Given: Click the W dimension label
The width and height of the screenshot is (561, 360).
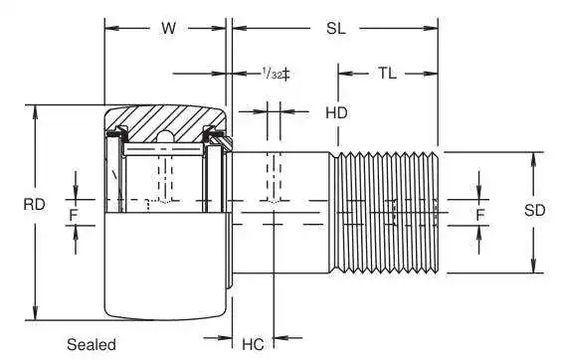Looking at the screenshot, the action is tap(168, 28).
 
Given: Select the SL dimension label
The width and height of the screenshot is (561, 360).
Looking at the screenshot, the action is tap(336, 28).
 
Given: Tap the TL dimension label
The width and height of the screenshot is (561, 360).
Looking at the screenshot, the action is tap(388, 74).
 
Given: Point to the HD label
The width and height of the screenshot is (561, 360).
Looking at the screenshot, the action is tap(336, 113).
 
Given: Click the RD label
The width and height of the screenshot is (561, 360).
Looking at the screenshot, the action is tap(35, 205).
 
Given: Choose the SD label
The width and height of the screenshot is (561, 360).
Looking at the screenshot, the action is tap(535, 211).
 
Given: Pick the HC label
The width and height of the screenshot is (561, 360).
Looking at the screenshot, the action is tap(253, 344).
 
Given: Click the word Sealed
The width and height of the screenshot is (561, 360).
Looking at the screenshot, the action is tap(92, 344).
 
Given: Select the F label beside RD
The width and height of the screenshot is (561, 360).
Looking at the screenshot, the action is tap(74, 215).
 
